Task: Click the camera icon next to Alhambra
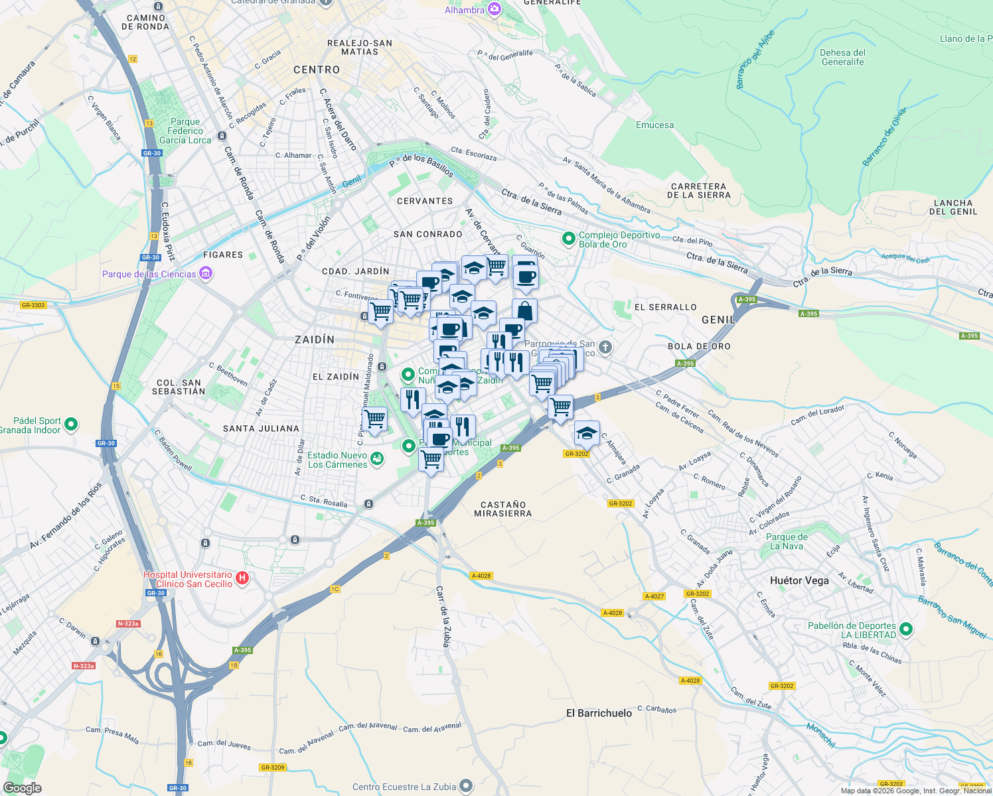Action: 494,9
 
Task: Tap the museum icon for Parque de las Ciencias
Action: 206,274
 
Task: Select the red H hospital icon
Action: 242,578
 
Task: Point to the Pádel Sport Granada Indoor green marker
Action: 71,425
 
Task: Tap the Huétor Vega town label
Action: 799,580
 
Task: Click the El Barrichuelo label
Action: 599,713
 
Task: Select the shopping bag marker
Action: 524,310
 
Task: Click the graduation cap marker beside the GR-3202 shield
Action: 587,433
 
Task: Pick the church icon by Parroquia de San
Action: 605,347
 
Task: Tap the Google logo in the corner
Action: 22,788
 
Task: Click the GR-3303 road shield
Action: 33,305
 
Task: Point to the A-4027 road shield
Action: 654,596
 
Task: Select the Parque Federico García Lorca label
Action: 185,131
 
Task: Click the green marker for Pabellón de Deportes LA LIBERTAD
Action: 906,629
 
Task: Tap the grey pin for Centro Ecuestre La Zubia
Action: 466,787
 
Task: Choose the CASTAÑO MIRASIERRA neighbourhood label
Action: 502,509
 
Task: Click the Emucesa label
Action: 654,125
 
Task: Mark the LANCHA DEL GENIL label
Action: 953,207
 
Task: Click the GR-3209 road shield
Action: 273,767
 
